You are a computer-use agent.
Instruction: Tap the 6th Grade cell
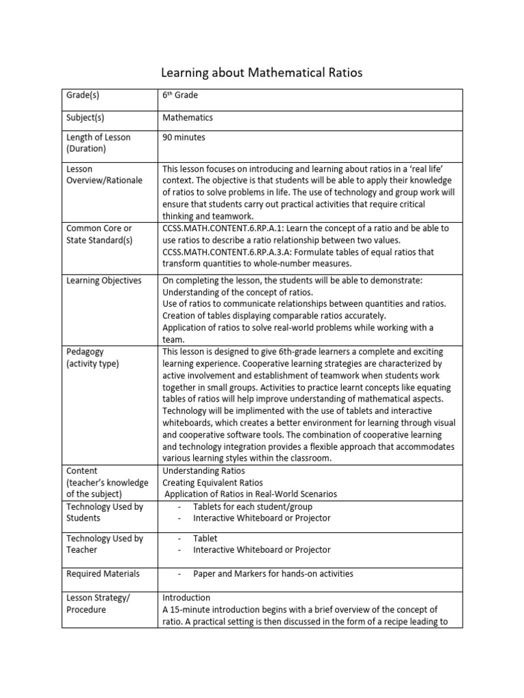click(x=180, y=96)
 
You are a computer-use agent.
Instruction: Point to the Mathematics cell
click(x=188, y=117)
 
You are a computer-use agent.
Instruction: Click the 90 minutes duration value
click(x=184, y=137)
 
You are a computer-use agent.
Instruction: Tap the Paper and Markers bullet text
click(x=273, y=573)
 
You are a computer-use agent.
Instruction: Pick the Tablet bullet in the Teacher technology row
click(x=205, y=538)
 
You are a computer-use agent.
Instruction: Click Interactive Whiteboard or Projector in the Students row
click(x=261, y=518)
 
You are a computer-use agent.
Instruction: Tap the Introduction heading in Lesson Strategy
click(x=186, y=598)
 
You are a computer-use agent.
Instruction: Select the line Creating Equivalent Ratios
click(x=212, y=483)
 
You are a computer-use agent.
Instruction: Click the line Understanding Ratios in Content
click(x=204, y=471)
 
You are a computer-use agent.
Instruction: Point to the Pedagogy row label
click(x=85, y=352)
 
